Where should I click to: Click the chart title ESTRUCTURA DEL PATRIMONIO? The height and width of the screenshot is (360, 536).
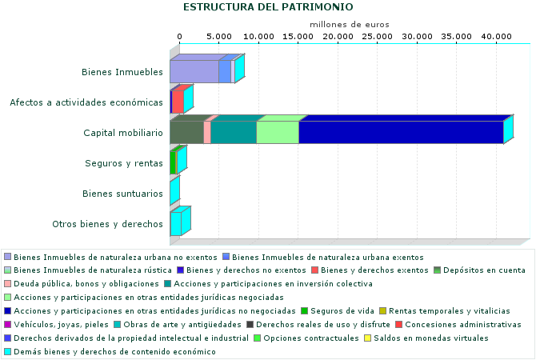[268, 7]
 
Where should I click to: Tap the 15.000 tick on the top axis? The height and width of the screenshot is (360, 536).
[298, 37]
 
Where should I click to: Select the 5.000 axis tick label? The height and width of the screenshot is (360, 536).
[219, 37]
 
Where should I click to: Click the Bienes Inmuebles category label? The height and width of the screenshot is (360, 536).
[122, 72]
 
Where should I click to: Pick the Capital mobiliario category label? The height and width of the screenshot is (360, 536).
[123, 133]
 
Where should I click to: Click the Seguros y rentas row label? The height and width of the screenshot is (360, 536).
[124, 163]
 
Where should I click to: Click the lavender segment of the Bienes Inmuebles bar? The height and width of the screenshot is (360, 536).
[194, 72]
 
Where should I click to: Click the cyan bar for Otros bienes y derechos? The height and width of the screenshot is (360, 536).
[175, 224]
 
